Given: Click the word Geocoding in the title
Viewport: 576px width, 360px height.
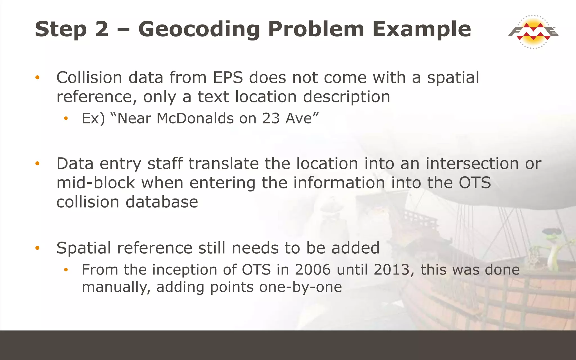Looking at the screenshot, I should tap(199, 29).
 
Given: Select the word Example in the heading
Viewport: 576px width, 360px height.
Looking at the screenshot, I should tap(422, 29).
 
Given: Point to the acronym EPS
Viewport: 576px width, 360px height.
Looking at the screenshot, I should tap(228, 78).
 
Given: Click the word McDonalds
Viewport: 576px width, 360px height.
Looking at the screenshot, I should tap(195, 118).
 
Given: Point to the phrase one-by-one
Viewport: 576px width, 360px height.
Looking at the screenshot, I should tap(300, 287).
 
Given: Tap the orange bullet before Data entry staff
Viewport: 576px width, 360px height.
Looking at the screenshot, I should tap(37, 164).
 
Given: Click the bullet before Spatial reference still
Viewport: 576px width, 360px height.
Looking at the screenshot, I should tap(37, 248).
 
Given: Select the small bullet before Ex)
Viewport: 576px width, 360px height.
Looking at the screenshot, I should tap(66, 119).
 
